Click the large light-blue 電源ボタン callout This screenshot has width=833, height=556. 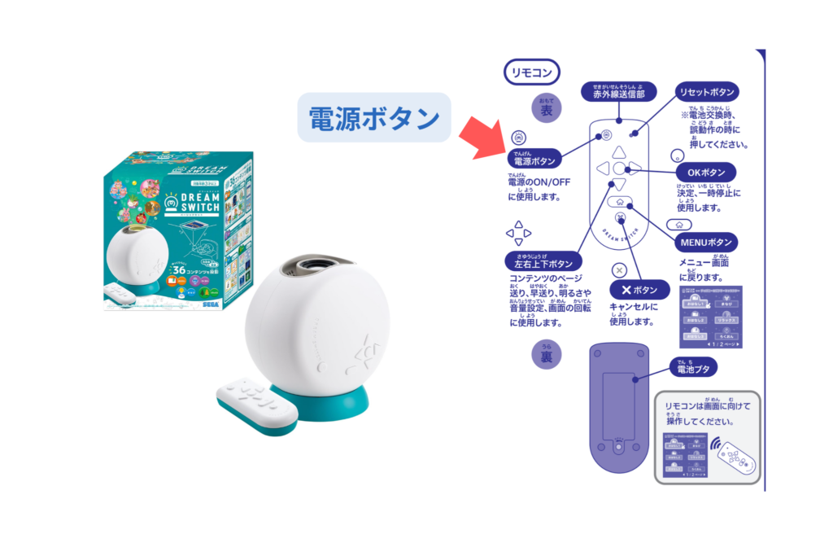373,119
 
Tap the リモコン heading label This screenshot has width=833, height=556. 531,72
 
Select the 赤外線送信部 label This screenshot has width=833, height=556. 618,93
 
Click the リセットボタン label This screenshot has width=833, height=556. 707,92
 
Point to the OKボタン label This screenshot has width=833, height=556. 706,173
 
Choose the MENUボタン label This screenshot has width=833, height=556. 707,242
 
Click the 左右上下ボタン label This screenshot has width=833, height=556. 543,263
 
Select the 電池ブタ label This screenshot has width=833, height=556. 692,368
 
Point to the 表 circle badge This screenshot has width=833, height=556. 546,110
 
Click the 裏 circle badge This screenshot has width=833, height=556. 546,356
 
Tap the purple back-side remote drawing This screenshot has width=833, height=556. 619,407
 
